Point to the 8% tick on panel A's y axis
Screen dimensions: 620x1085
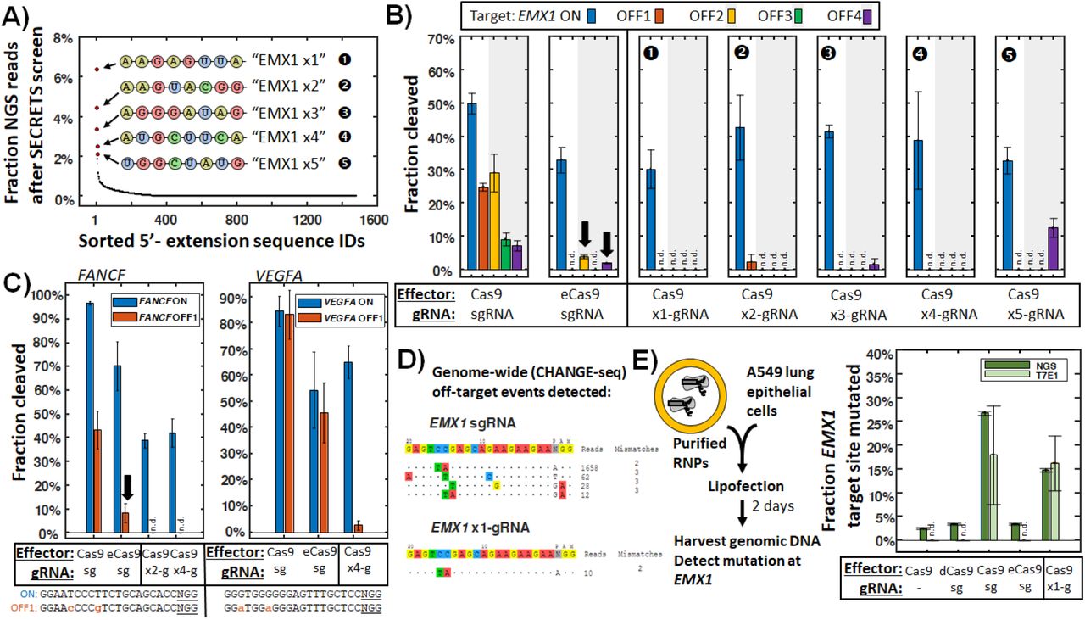point(57,38)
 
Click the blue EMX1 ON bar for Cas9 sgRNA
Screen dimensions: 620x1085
point(471,186)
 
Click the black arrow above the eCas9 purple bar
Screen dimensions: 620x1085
point(607,242)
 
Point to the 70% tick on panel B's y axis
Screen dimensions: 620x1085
point(445,39)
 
